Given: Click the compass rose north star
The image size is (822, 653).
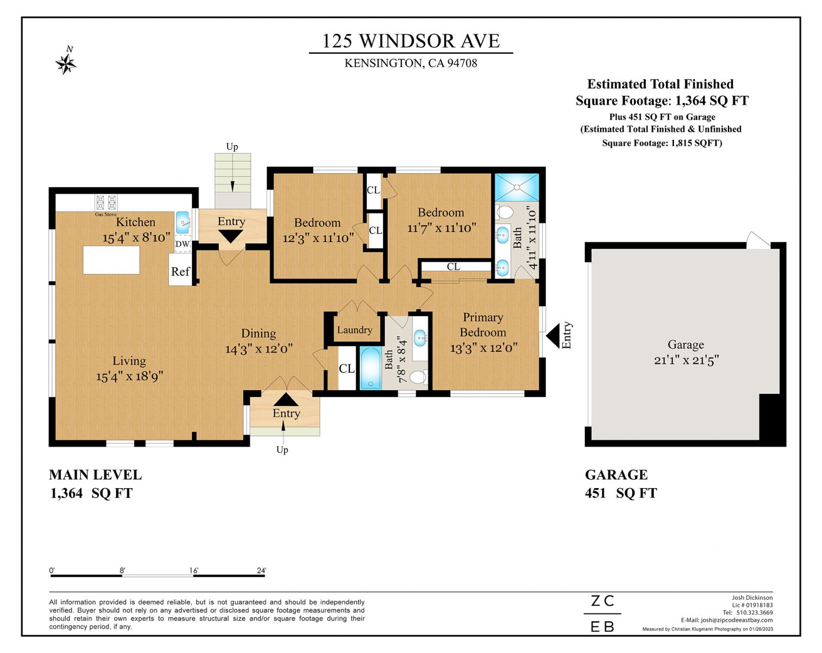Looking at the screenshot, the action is pyautogui.click(x=66, y=64).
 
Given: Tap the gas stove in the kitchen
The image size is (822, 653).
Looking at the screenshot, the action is pyautogui.click(x=106, y=202).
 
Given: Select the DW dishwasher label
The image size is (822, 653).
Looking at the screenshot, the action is pyautogui.click(x=183, y=244).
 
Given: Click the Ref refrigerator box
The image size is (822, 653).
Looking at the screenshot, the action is pyautogui.click(x=180, y=270).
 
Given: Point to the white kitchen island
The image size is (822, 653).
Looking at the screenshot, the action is pyautogui.click(x=111, y=260).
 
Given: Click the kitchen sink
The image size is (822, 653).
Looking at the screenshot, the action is pyautogui.click(x=183, y=222).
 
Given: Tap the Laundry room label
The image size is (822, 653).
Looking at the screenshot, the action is pyautogui.click(x=355, y=330).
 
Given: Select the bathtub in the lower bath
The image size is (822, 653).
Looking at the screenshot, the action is pyautogui.click(x=370, y=368).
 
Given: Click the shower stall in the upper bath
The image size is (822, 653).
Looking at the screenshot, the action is pyautogui.click(x=517, y=187).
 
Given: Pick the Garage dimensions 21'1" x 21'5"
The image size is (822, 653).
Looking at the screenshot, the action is pyautogui.click(x=687, y=360).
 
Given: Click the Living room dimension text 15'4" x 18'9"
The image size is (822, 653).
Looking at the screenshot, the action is pyautogui.click(x=129, y=377).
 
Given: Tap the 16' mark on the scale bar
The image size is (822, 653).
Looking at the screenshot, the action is pyautogui.click(x=194, y=570).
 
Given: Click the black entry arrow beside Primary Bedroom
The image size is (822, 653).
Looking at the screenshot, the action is pyautogui.click(x=553, y=336).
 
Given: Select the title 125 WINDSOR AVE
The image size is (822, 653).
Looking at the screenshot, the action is pyautogui.click(x=411, y=41).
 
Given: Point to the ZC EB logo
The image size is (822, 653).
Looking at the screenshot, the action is pyautogui.click(x=602, y=613).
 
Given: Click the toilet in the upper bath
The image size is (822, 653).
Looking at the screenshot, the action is pyautogui.click(x=504, y=212).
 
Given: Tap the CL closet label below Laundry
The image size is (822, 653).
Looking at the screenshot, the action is pyautogui.click(x=347, y=368).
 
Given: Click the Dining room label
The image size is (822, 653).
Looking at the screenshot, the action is pyautogui.click(x=258, y=333).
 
